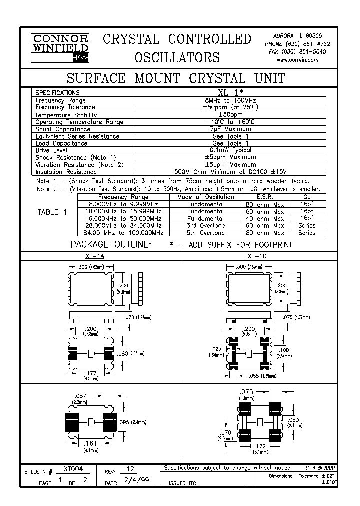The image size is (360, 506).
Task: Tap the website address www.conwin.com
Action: click(297, 59)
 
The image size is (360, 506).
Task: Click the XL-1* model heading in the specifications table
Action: click(230, 92)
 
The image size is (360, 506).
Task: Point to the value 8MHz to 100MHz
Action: click(230, 100)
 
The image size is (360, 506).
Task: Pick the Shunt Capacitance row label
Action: click(62, 129)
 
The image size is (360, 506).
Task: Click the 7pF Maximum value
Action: click(230, 129)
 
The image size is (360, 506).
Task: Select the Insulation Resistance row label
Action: click(65, 172)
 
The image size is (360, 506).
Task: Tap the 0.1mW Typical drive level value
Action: click(230, 150)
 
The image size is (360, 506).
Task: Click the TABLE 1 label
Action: click(52, 213)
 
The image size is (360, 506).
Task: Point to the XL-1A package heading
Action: click(95, 256)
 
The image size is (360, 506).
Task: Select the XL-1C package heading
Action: click(250, 256)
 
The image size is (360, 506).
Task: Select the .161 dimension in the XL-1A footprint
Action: click(90, 443)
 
